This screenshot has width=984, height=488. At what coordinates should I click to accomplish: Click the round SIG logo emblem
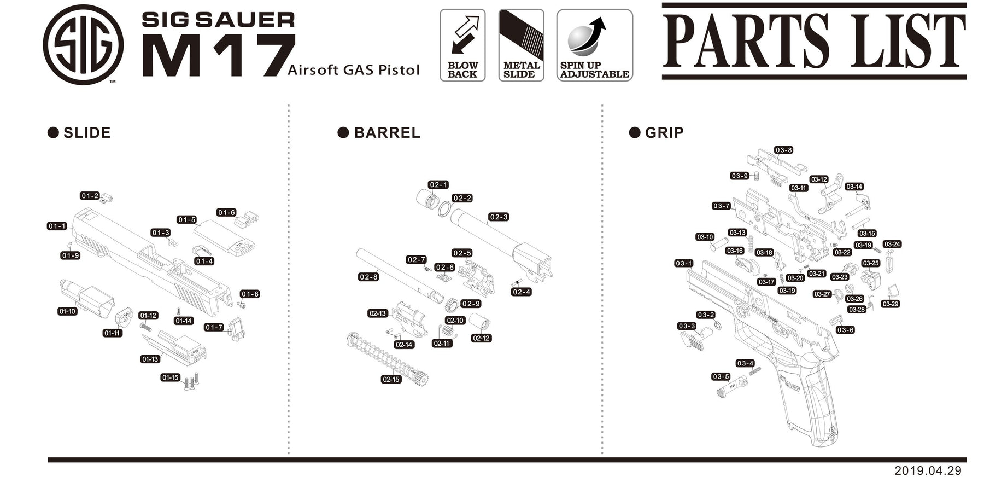pyautogui.click(x=83, y=45)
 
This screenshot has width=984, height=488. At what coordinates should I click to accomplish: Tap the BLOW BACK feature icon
pyautogui.click(x=462, y=45)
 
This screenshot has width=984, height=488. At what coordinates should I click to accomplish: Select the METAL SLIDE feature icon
pyautogui.click(x=521, y=45)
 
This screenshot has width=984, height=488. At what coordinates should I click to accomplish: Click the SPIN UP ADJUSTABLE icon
pyautogui.click(x=594, y=45)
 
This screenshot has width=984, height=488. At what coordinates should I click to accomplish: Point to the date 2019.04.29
pyautogui.click(x=927, y=470)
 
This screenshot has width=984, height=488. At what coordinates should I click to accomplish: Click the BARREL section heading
pyautogui.click(x=386, y=133)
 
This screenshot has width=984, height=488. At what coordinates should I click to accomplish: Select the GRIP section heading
pyautogui.click(x=663, y=133)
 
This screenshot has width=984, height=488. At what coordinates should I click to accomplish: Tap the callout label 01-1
pyautogui.click(x=57, y=226)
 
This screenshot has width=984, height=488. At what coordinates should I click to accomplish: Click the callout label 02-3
pyautogui.click(x=499, y=217)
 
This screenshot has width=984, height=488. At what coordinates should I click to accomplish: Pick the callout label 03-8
pyautogui.click(x=783, y=150)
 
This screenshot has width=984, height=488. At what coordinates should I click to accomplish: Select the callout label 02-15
pyautogui.click(x=391, y=379)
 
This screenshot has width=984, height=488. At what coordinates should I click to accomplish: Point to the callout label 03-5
pyautogui.click(x=721, y=376)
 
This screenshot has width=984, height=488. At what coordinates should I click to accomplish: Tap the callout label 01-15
pyautogui.click(x=170, y=377)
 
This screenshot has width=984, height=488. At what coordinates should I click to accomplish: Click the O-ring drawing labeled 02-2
pyautogui.click(x=446, y=209)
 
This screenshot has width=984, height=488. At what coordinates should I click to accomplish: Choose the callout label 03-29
pyautogui.click(x=890, y=304)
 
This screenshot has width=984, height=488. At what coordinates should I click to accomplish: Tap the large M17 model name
pyautogui.click(x=219, y=56)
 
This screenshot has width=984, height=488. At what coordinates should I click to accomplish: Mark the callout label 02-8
pyautogui.click(x=368, y=277)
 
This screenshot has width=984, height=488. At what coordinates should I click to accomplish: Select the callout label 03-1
pyautogui.click(x=683, y=263)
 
